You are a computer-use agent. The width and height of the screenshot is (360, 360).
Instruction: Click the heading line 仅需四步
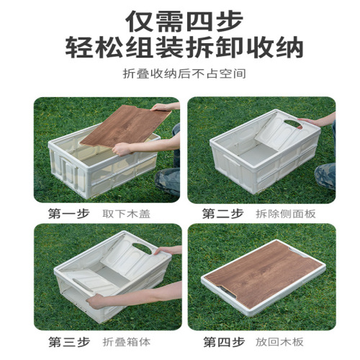pyautogui.click(x=179, y=19)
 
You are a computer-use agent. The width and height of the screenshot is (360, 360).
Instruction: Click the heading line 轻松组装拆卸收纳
pyautogui.click(x=179, y=48)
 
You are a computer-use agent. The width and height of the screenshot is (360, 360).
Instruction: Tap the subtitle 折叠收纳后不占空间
pyautogui.click(x=179, y=75)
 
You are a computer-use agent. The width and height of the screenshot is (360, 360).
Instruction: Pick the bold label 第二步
pyautogui.click(x=220, y=213)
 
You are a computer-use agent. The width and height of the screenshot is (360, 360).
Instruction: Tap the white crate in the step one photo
pyautogui.click(x=79, y=169)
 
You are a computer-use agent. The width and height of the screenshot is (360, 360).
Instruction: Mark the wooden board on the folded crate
pyautogui.click(x=265, y=277)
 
